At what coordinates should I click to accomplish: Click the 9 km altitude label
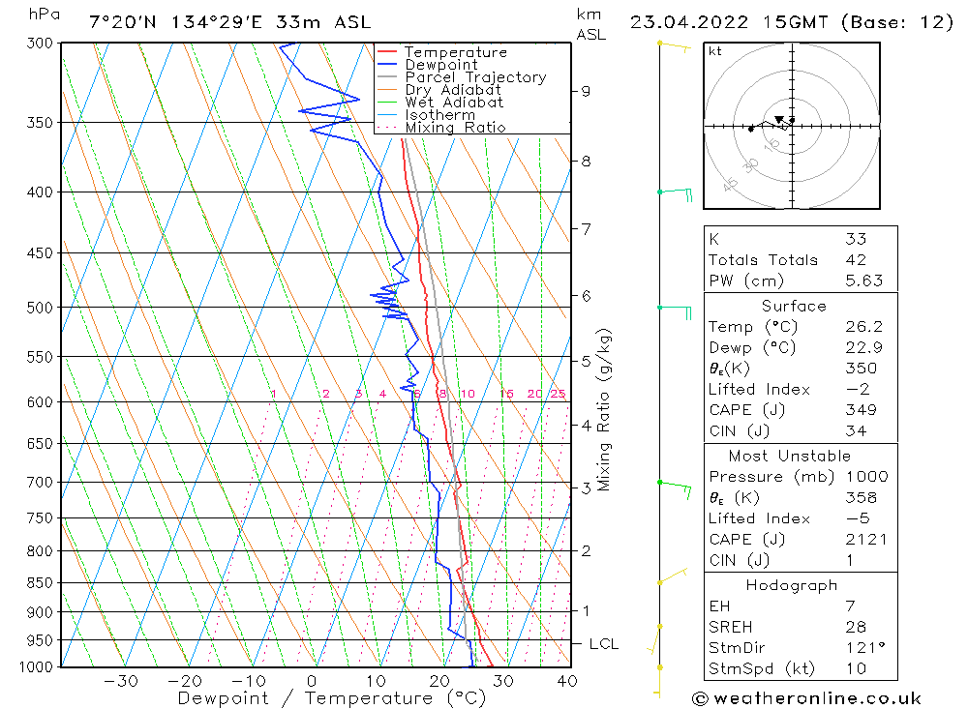(586, 91)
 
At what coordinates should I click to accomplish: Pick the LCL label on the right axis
(603, 644)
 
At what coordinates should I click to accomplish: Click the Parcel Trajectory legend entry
(475, 77)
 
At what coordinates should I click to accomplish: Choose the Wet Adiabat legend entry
(454, 103)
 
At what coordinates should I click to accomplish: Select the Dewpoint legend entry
(440, 65)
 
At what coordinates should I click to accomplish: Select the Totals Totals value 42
(856, 259)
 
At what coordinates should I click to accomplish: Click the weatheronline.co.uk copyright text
(806, 698)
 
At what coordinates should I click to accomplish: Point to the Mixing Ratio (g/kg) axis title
(605, 410)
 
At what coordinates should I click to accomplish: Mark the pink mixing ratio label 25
(558, 394)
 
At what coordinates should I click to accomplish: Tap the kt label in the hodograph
(714, 51)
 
